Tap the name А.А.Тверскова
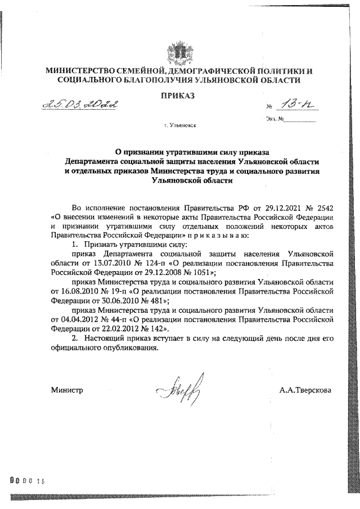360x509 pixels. (305, 390)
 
